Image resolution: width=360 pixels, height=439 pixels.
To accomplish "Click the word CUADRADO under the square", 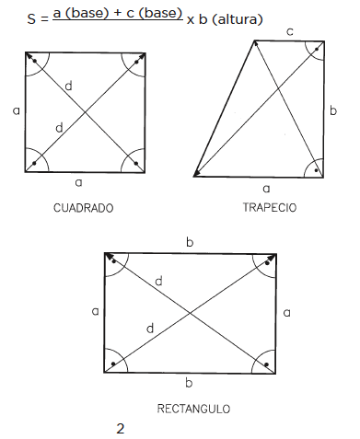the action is [84, 208].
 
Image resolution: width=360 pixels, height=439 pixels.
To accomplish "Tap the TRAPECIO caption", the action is [270, 208].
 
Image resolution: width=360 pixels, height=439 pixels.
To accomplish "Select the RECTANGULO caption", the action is [193, 409].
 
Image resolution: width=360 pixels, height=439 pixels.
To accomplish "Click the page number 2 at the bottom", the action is [121, 429].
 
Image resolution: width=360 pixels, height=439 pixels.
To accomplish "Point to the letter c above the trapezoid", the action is [289, 31].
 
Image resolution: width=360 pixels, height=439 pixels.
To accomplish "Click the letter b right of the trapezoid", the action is [333, 110].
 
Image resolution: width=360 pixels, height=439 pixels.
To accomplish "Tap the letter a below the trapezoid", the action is [266, 189].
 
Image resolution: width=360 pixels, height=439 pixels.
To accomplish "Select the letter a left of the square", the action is [17, 110].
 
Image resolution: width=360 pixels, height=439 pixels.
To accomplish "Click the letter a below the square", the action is [79, 183].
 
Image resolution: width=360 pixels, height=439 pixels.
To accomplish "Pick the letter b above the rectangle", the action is [190, 242].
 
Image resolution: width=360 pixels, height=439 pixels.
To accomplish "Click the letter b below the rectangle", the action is [189, 383].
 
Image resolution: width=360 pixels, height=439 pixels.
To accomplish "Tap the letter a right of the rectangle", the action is [286, 313].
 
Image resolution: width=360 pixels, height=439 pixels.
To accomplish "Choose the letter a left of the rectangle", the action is [96, 311].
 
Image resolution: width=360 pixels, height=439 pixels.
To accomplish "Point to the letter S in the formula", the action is [31, 19].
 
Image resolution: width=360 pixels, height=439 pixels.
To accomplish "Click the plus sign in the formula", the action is [118, 14].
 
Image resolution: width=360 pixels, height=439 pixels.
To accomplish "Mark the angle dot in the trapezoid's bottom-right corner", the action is [316, 170].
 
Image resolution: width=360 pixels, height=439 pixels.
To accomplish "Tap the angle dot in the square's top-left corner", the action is [35, 61].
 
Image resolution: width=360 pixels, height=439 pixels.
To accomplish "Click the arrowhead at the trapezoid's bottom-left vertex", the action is [197, 174].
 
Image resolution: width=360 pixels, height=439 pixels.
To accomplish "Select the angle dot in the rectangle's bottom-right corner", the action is [266, 364].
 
